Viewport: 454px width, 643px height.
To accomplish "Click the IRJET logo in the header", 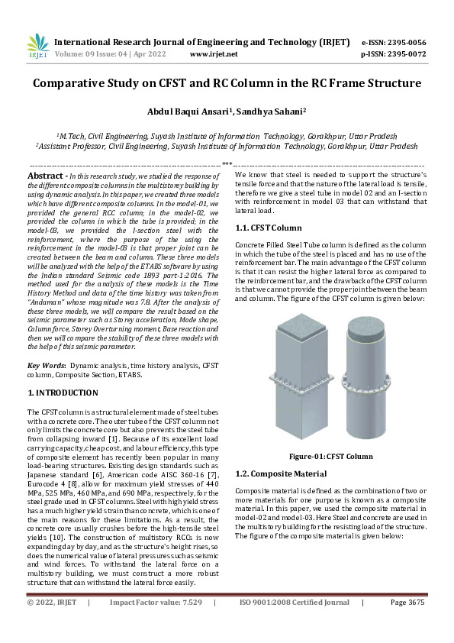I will [x=37, y=47].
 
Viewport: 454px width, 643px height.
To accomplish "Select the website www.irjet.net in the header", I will [x=213, y=54].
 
